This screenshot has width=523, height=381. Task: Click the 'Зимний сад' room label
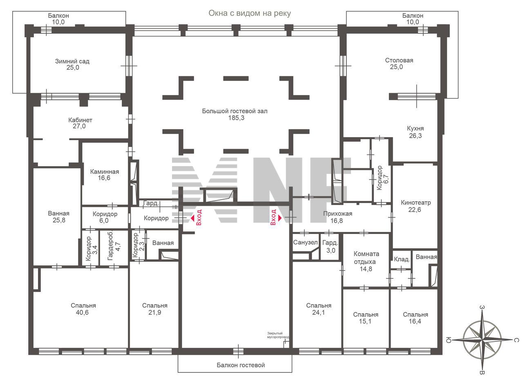coord(72,61)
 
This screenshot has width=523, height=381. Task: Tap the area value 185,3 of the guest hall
coord(236,118)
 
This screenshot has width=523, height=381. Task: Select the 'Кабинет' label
coord(80,120)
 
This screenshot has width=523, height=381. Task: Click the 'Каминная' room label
coord(104,172)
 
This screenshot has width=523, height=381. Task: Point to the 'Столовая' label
coord(399,60)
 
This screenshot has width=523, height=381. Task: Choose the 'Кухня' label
coord(415,129)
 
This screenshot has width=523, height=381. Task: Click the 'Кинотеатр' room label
coord(416,203)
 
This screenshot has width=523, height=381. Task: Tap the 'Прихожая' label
coord(337,214)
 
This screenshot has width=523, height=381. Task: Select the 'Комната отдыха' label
coord(366,258)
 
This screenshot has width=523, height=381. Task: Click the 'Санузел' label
coord(305,243)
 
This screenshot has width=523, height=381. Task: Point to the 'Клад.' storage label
coord(402,259)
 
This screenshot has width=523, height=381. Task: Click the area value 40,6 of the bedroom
coord(82,312)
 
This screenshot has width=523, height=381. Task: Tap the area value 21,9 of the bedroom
coord(154,312)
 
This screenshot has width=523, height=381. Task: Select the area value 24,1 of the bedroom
coord(318,312)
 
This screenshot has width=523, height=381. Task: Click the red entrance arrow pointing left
coord(193,218)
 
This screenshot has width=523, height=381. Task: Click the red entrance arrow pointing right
coord(280,218)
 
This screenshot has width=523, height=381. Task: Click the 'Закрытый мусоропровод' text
coord(278,335)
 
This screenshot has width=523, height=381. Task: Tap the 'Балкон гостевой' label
coord(241,365)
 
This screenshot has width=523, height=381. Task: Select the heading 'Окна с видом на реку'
coord(250,13)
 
